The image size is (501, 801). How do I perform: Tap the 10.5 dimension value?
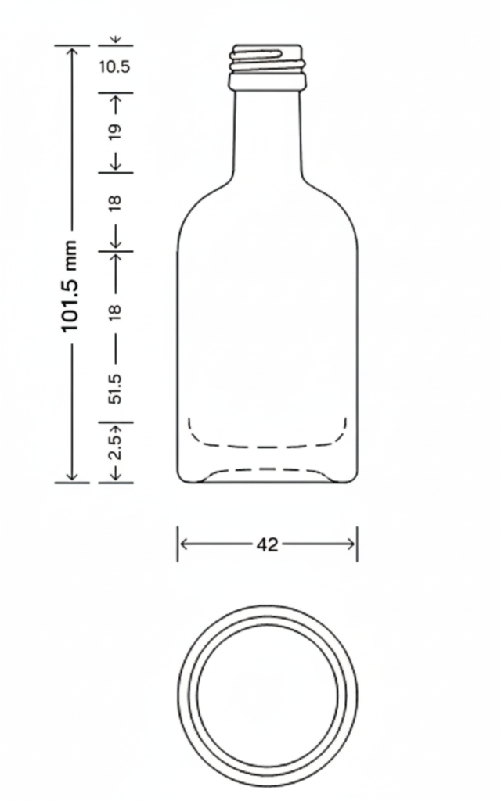pos(114,66)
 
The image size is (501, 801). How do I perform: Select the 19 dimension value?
pos(115,131)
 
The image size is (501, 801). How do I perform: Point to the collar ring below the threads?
pos(266,81)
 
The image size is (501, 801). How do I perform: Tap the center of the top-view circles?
pos(268,695)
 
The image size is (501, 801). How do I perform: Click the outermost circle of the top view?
pos(178,695)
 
